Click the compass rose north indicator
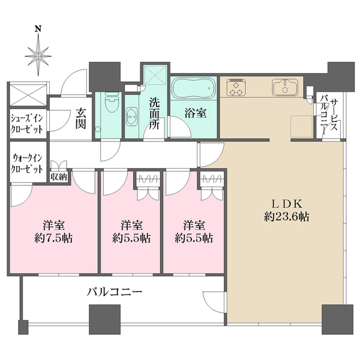(x=39, y=52)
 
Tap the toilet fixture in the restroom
(x=109, y=107)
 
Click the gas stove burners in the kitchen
(x=236, y=89)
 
